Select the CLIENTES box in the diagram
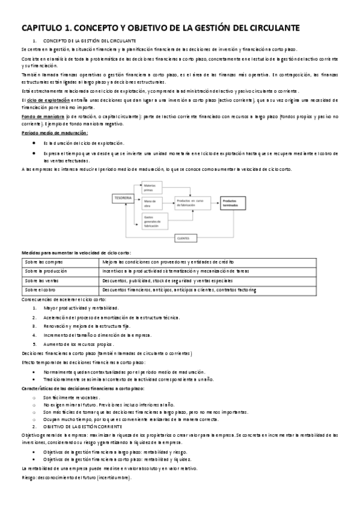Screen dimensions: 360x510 coord(183,238)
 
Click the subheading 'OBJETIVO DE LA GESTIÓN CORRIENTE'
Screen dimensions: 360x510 coord(85,426)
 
